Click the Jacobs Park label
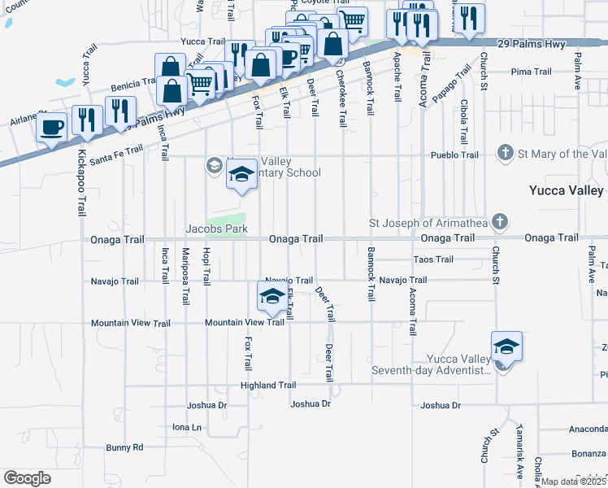[216, 229]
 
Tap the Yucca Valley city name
[566, 191]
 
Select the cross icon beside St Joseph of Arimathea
[501, 221]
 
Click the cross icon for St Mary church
[505, 154]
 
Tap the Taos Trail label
[433, 259]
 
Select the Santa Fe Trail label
[119, 149]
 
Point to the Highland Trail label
[268, 386]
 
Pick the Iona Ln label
[186, 426]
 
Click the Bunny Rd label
[124, 447]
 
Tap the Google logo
[27, 478]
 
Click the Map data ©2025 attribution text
[574, 481]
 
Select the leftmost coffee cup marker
[52, 127]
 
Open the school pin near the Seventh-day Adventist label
[506, 348]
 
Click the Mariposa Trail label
[185, 277]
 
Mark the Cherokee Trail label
[342, 97]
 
